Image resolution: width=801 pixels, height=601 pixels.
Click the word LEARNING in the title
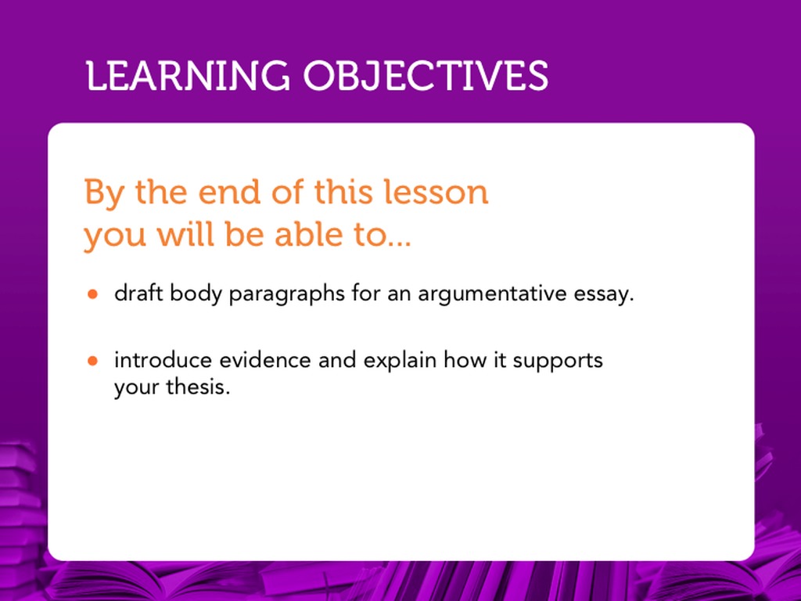click(x=188, y=76)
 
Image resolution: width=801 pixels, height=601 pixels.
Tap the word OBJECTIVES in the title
click(x=426, y=76)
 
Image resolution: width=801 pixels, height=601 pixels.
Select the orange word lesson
click(x=436, y=193)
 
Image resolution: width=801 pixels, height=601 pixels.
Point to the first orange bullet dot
click(x=92, y=294)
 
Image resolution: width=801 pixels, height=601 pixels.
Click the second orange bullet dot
click(x=92, y=362)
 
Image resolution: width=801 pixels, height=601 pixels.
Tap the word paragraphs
click(x=286, y=294)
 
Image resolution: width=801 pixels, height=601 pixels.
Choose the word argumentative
click(x=493, y=294)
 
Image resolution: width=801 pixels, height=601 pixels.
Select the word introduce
click(x=163, y=360)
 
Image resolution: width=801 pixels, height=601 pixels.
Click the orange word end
click(x=229, y=193)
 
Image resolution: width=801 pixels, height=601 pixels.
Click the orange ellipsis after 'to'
click(x=399, y=244)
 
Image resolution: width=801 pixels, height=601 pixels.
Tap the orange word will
click(x=185, y=234)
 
